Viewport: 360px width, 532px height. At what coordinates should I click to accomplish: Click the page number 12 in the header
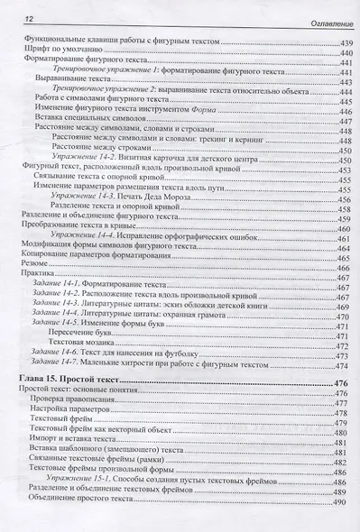click(x=27, y=19)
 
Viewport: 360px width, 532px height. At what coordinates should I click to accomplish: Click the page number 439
click(x=343, y=42)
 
